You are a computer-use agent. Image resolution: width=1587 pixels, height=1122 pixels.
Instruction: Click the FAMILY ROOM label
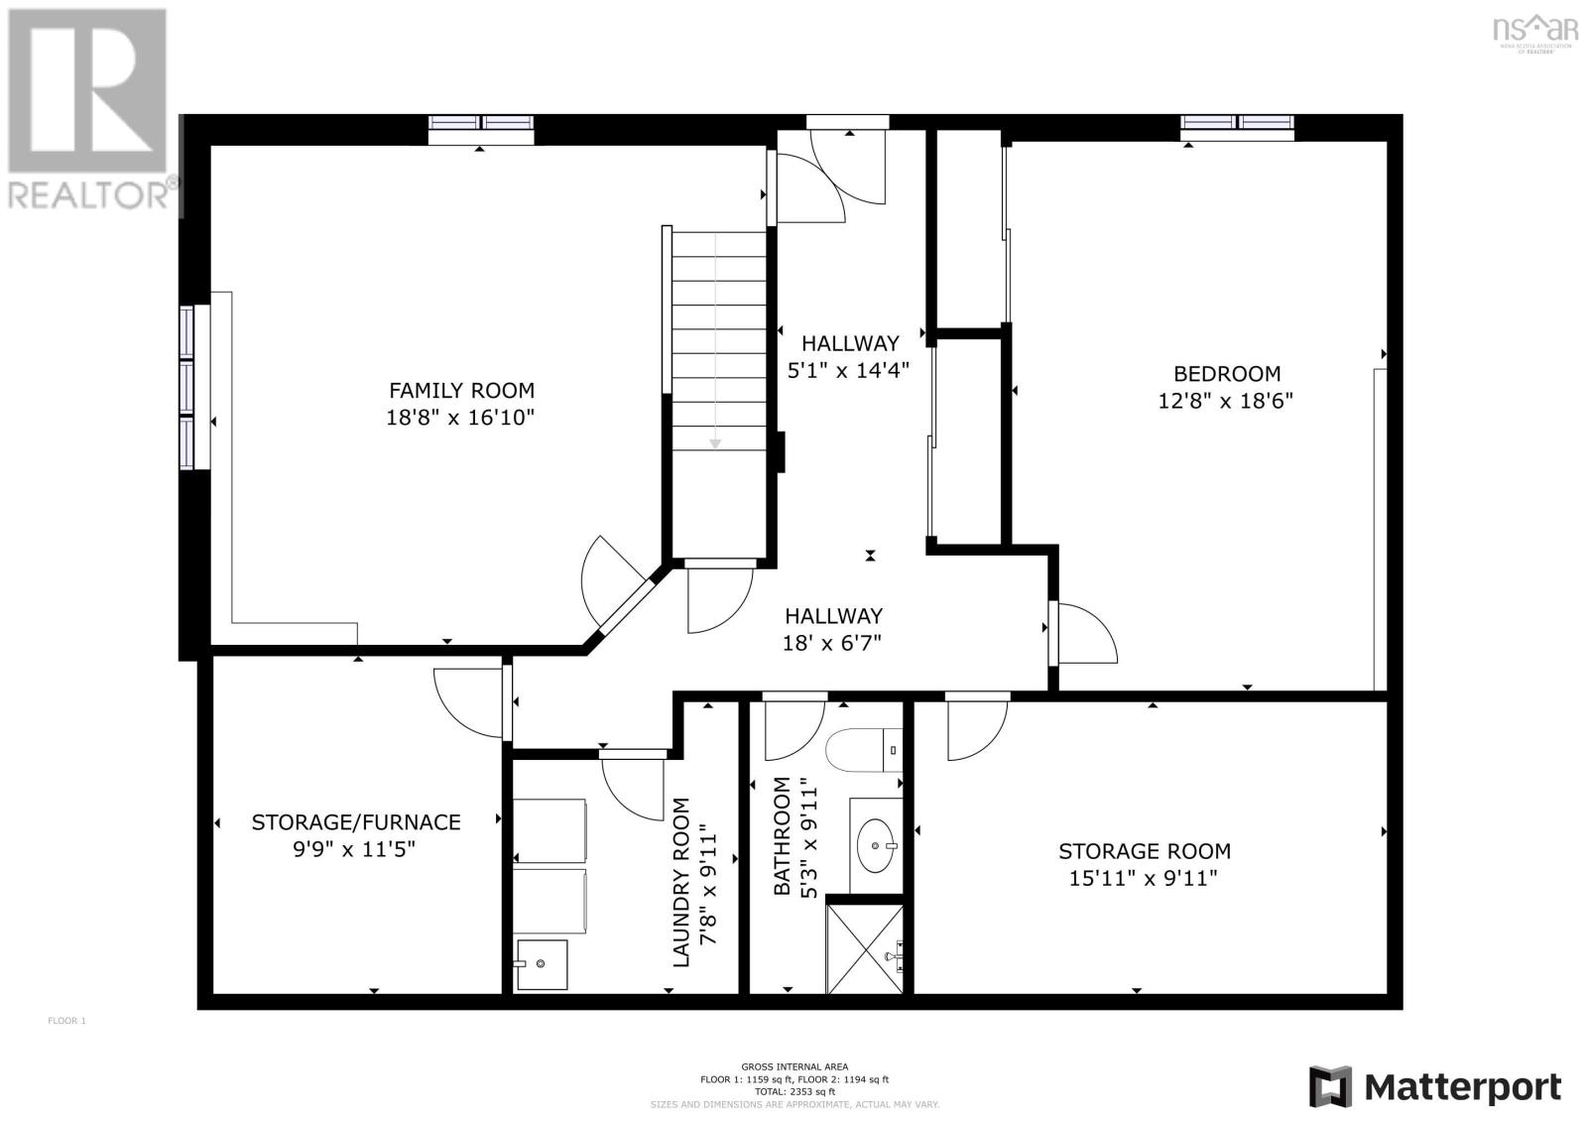coord(461,391)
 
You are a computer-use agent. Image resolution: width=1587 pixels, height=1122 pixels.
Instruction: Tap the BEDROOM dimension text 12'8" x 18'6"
coord(1226,402)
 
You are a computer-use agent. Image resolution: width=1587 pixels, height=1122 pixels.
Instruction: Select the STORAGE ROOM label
coord(1144,851)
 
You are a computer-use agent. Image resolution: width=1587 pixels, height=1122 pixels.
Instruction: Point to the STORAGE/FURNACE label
coord(355,822)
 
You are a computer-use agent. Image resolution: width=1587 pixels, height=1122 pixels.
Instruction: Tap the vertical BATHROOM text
coord(783,837)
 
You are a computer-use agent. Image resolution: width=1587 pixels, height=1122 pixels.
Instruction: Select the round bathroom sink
coord(875,845)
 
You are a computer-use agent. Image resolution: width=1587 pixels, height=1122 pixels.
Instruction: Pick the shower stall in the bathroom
coord(865,948)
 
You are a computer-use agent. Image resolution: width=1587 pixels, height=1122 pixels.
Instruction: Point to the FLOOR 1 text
coord(67,1021)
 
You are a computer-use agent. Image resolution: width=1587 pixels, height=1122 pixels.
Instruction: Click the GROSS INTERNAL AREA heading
coord(793,1067)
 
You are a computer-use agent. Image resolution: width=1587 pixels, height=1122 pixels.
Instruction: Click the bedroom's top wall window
coord(1237,122)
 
